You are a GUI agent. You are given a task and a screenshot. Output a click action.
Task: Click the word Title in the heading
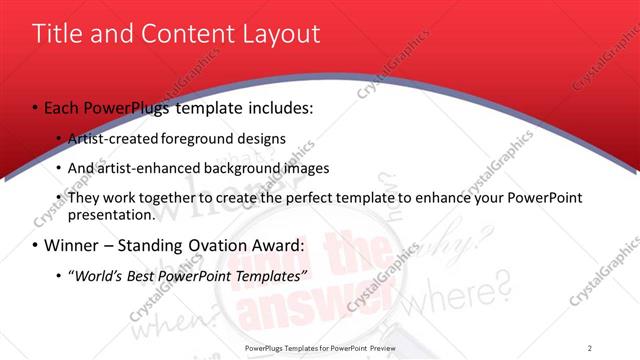pos(56,34)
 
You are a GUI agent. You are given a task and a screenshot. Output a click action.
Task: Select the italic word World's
pos(98,275)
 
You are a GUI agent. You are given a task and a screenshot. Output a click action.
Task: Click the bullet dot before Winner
pos(36,245)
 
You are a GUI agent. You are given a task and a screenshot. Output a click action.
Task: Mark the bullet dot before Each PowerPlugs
pos(36,107)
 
